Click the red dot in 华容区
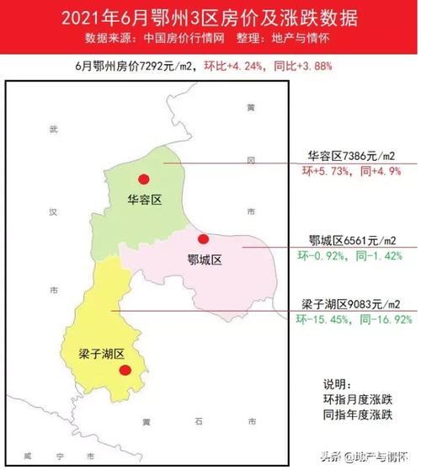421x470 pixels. [144, 179]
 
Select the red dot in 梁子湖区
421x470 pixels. [125, 370]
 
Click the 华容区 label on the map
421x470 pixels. [144, 200]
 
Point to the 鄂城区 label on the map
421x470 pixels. [205, 260]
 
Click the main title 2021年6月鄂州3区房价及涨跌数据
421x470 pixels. [210, 19]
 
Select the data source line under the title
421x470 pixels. [210, 39]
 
